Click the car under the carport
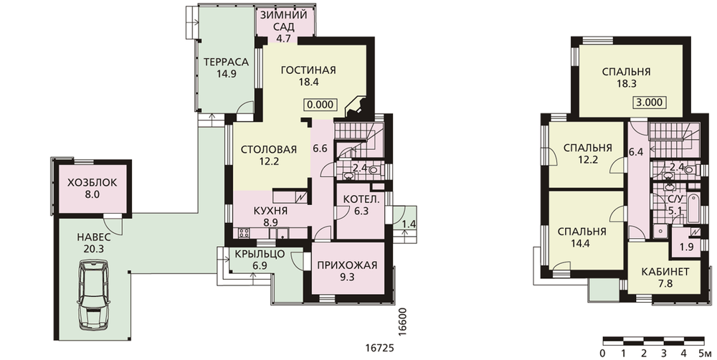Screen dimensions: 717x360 coord(94,295)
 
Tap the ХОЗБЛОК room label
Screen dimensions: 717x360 coord(92,183)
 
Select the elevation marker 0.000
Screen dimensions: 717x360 coord(320,104)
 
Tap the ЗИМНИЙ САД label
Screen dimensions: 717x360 coord(283,21)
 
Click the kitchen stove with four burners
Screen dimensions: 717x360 coord(244,233)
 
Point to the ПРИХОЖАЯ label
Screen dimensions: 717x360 coord(348,265)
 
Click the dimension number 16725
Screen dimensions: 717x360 coord(379,348)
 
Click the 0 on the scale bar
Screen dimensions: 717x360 coord(603,353)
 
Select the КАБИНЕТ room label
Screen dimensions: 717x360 coord(665,272)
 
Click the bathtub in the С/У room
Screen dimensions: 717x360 coord(692,209)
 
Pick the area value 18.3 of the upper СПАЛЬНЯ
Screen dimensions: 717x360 coord(626,84)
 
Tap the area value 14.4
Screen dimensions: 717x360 coord(581,243)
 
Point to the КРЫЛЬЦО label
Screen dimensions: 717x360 coord(260,254)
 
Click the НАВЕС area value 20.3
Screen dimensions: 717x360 coord(93,249)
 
